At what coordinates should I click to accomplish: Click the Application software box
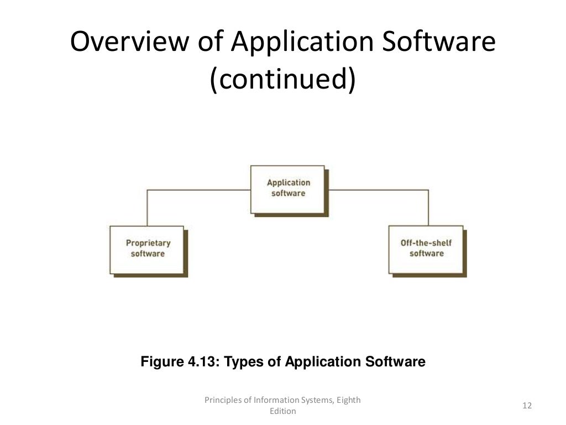tap(288, 188)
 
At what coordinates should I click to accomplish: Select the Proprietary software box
tap(148, 248)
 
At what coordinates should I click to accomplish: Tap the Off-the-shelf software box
tap(426, 248)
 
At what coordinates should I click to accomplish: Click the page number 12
tap(526, 406)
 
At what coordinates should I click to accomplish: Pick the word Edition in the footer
tap(282, 411)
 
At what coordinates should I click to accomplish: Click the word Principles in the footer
tap(224, 400)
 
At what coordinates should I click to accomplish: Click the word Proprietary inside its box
tap(148, 243)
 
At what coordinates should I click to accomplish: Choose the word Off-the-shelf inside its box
tap(426, 243)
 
